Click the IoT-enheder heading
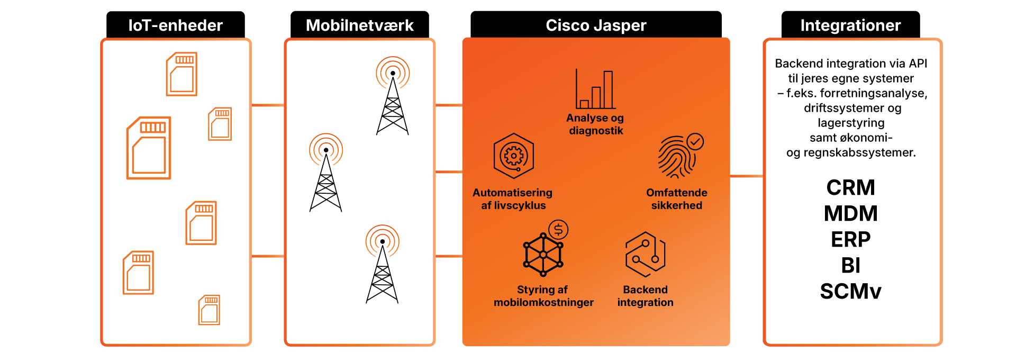[x=175, y=25]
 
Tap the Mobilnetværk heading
[x=359, y=25]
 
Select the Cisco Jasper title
[x=596, y=25]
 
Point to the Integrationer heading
[x=850, y=25]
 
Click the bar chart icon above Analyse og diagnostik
[x=596, y=89]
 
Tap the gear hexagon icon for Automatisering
[x=513, y=156]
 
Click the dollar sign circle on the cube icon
[x=558, y=230]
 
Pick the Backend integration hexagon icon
[x=645, y=255]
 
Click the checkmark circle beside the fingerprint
[x=695, y=141]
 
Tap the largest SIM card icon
[x=149, y=148]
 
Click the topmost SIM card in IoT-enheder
[x=182, y=74]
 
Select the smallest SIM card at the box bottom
[x=209, y=310]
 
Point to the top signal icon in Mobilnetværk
[x=393, y=73]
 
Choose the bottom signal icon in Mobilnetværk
[x=382, y=241]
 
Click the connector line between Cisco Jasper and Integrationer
[x=746, y=176]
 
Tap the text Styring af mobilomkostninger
[x=543, y=296]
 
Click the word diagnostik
[x=596, y=131]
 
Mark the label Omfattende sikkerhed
[x=676, y=199]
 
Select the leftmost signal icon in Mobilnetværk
[x=326, y=150]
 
